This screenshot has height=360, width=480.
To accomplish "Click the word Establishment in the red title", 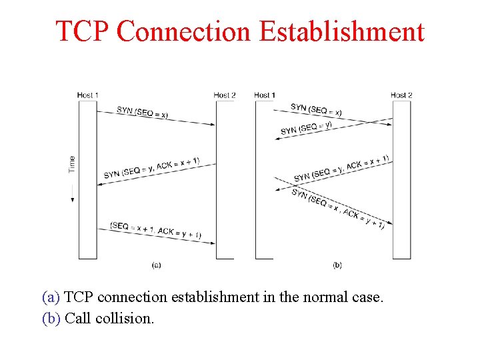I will (x=341, y=31).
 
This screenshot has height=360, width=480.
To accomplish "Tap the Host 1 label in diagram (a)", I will (x=87, y=95).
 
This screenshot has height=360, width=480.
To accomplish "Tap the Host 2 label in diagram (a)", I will (x=225, y=95).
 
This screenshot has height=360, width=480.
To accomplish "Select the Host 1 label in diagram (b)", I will (x=265, y=95).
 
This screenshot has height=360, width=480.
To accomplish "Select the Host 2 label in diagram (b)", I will (x=401, y=95).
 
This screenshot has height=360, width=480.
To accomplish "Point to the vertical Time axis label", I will (x=72, y=164).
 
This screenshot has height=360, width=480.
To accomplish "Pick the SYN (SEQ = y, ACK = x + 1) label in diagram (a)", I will (x=151, y=168).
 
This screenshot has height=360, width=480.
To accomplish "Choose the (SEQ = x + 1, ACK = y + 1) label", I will (x=155, y=230).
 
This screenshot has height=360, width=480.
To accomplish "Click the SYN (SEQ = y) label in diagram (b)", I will (x=306, y=127).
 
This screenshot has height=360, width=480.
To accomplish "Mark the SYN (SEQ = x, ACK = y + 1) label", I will (x=338, y=209).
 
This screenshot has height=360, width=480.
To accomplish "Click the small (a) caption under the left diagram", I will (x=156, y=265).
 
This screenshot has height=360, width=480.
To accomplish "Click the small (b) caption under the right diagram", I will (x=337, y=265).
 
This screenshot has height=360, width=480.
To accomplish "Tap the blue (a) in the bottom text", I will (x=51, y=297).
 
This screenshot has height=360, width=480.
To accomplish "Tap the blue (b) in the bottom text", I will (x=51, y=318).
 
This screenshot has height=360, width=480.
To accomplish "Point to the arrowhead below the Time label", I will (x=72, y=199).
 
